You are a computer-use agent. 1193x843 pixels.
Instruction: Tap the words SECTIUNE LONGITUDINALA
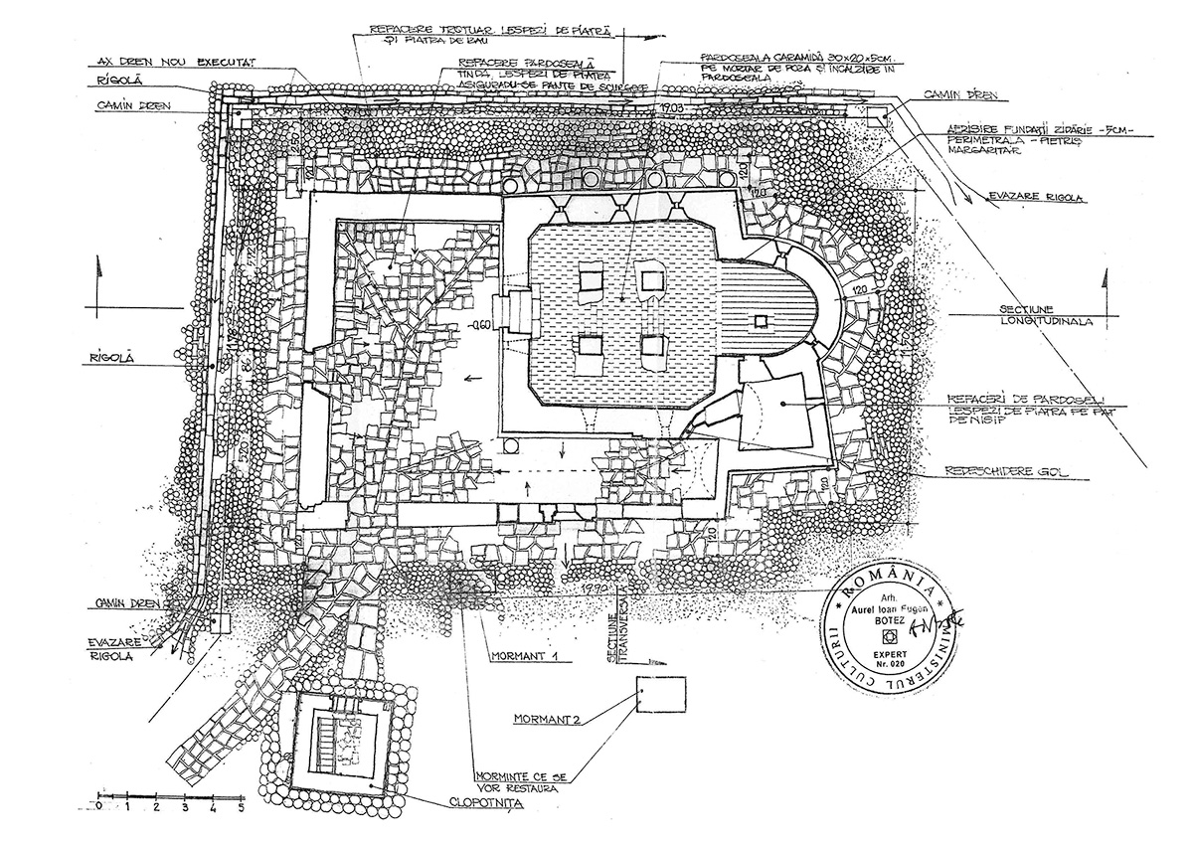(x=1034, y=317)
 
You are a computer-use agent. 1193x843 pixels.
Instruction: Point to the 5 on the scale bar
(x=240, y=806)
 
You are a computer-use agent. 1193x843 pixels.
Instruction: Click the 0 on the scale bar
(x=99, y=806)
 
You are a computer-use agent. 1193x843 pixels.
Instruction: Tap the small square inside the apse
(x=763, y=320)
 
